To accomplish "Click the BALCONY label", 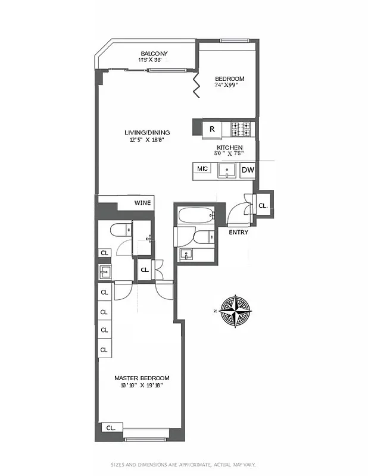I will point(154,54).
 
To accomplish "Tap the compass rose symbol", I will point(236,311).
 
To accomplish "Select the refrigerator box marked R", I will point(211,129).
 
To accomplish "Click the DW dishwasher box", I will point(248,170).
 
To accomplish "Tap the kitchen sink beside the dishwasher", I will point(227,171).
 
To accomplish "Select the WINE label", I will point(142,203).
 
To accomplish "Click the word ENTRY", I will point(239,232).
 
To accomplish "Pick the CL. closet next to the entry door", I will point(263,206).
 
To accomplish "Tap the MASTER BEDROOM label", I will point(142,378).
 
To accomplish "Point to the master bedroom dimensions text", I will point(142,386).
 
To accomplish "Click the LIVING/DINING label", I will point(147,133).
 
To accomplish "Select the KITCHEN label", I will point(229,147).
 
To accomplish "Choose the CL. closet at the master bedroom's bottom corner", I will point(111,428).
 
